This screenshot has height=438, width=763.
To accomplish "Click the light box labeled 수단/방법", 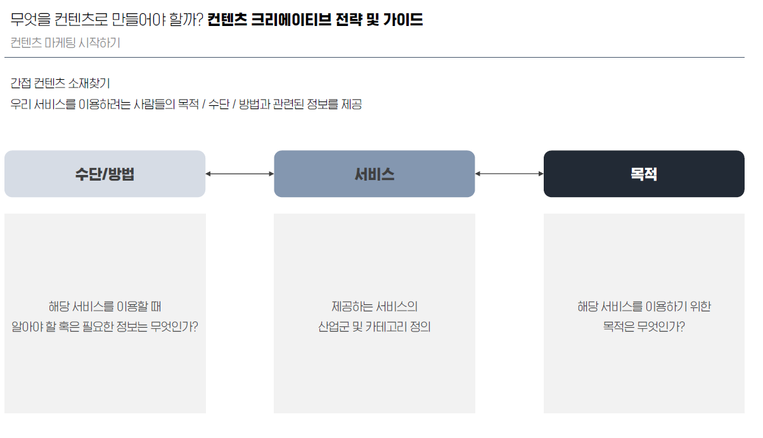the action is [x=105, y=174].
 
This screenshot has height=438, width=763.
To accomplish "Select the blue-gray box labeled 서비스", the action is [x=374, y=174].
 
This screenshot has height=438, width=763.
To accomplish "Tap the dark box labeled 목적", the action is [x=644, y=174].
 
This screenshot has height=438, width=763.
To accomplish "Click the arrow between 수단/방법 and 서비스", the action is [x=240, y=174].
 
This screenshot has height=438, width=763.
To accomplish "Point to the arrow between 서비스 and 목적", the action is [x=509, y=174].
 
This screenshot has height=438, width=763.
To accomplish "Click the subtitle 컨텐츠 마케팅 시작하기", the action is [x=65, y=43].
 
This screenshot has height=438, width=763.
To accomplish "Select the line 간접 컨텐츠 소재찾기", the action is [x=60, y=84].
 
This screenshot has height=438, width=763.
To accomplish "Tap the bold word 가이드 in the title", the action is [x=403, y=20].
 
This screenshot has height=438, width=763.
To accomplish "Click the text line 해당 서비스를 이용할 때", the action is [x=105, y=306].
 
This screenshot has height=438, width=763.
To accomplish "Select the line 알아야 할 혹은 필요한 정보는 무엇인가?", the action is [x=105, y=328].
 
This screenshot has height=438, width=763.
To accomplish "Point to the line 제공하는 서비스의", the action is [x=374, y=306].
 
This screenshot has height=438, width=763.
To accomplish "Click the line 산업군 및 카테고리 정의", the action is [x=374, y=328].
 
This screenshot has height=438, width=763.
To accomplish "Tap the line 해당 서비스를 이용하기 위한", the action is [x=644, y=306].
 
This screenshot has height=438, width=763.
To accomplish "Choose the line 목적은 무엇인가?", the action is [x=644, y=328].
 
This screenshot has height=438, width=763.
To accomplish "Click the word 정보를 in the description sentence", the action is [x=323, y=105].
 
